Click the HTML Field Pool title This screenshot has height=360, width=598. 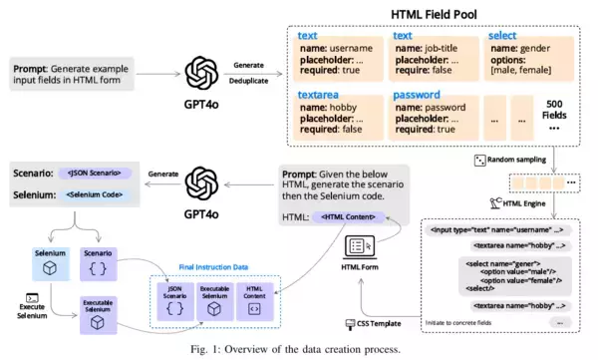coord(437,12)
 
